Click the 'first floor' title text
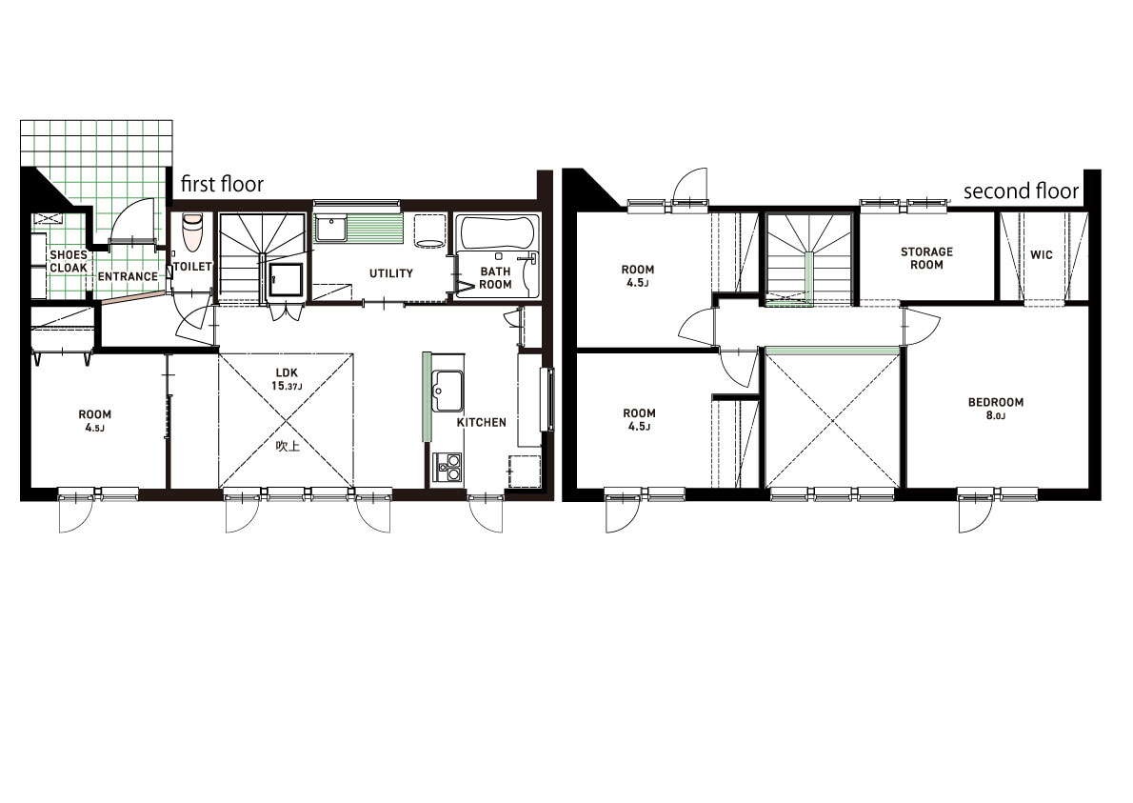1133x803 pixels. [222, 184]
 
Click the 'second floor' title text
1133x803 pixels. [1021, 191]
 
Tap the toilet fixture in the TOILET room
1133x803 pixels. [192, 231]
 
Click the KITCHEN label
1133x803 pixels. [481, 422]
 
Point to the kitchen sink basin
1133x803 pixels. [447, 391]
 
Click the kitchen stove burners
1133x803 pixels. [447, 468]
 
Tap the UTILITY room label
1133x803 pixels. [391, 273]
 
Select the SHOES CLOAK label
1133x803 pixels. [68, 261]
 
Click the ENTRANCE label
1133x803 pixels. [128, 276]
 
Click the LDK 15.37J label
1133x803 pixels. [287, 379]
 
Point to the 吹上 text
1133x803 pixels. [288, 446]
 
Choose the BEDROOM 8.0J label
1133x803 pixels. [996, 409]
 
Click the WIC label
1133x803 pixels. [1042, 254]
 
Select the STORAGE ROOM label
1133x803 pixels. [926, 258]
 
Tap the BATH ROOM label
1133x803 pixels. [495, 278]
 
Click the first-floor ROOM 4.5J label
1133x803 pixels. [94, 421]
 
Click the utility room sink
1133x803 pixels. [331, 229]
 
